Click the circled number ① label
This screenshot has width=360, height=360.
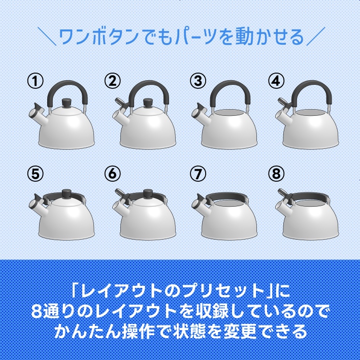35,81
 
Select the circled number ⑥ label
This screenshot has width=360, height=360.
112,174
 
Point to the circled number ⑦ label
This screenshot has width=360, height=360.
198,174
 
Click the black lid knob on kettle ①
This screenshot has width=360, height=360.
66,103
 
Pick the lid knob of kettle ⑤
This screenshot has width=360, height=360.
66,193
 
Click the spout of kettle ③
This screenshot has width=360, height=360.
199,110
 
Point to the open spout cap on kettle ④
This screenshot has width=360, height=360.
282,105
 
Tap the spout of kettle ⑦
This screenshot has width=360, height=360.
199,204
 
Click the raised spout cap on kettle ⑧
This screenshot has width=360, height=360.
282,195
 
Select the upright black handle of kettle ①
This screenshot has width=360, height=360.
66,86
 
